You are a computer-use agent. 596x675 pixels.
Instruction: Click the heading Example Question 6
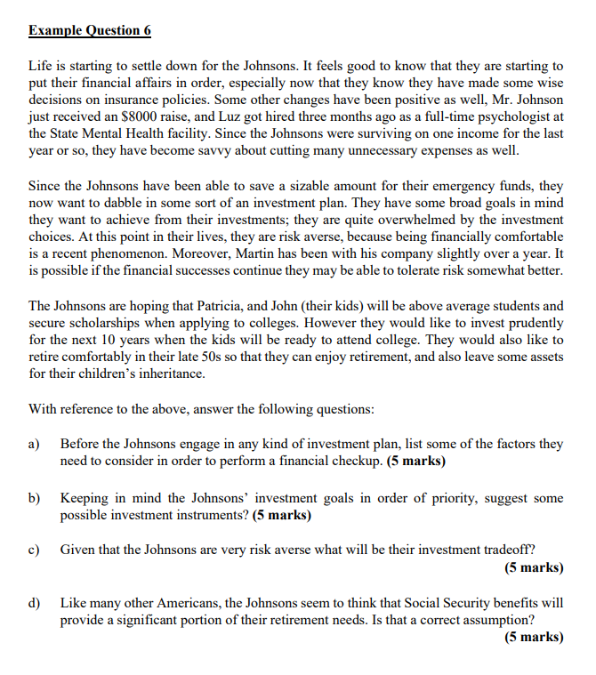coord(90,30)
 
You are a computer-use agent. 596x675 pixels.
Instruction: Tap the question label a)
coord(35,443)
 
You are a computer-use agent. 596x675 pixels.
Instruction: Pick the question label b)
coord(35,498)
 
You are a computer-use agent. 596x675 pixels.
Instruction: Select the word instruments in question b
coord(199,515)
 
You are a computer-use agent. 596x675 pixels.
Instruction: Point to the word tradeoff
coord(504,549)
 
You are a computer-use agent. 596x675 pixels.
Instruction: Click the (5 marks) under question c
coord(533,567)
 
